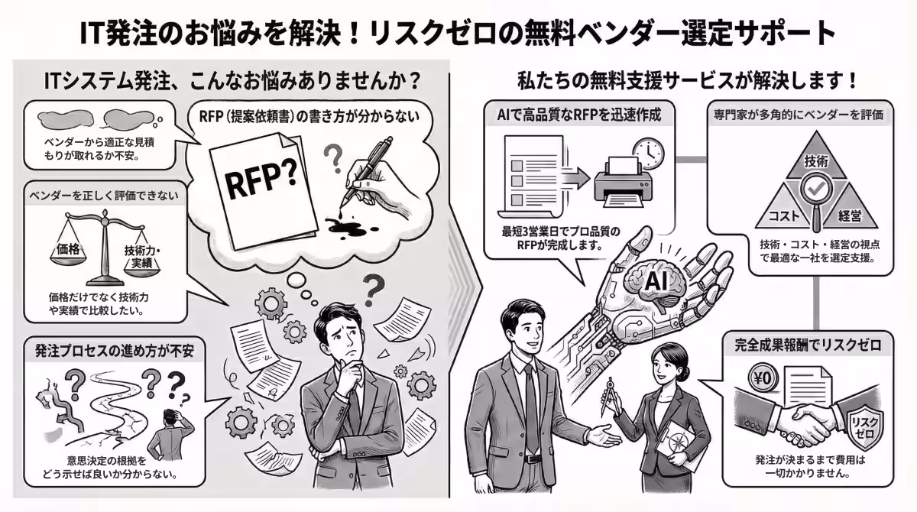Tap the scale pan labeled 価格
point(68,248)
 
